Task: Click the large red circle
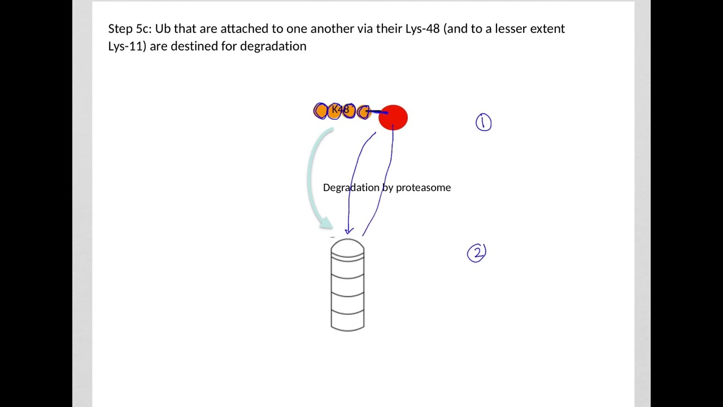(393, 118)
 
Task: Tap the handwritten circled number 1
(484, 123)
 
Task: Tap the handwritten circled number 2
(477, 253)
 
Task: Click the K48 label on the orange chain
(341, 109)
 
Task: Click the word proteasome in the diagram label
(423, 188)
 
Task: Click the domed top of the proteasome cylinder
(347, 246)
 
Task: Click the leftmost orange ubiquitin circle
(320, 111)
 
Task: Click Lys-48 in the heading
(423, 29)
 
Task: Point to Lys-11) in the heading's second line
(127, 46)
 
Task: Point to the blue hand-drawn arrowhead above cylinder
(349, 230)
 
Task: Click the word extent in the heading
(547, 29)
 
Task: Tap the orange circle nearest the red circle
(364, 112)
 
